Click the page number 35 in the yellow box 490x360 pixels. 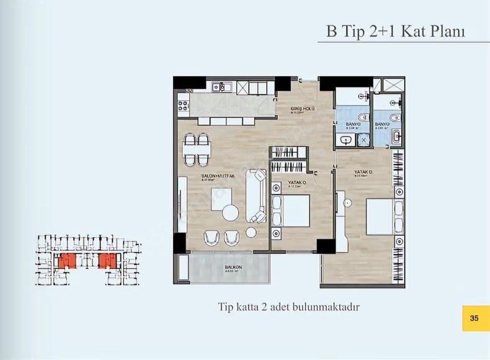point(474,318)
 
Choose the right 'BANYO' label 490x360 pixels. point(383,124)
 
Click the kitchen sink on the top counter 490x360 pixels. point(221,88)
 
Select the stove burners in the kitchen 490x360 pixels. point(183,103)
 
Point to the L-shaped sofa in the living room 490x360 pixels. point(256,196)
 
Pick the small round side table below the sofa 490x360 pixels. point(252,233)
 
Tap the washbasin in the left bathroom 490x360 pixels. point(345,142)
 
